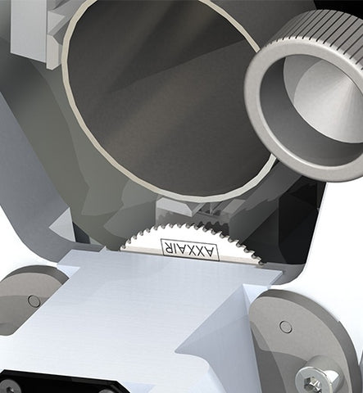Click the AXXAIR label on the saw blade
point(190,250)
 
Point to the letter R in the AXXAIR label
point(167,246)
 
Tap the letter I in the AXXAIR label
point(174,248)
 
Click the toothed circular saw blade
point(191,244)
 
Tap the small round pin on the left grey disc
point(34,300)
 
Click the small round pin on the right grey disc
point(286,327)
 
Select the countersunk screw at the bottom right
point(318,380)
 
